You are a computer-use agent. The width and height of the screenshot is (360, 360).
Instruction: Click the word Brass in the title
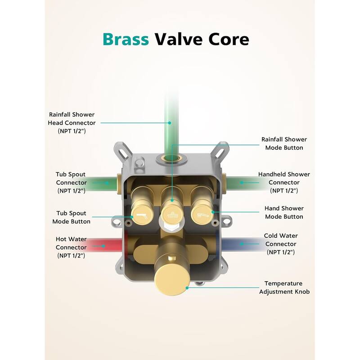[126, 39]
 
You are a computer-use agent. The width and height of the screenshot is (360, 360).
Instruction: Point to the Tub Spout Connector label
[71, 182]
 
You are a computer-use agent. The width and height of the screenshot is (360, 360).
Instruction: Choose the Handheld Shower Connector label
[284, 182]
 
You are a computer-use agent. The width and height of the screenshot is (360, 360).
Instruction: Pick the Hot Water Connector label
[71, 247]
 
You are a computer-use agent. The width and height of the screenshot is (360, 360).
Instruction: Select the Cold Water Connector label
[281, 243]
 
